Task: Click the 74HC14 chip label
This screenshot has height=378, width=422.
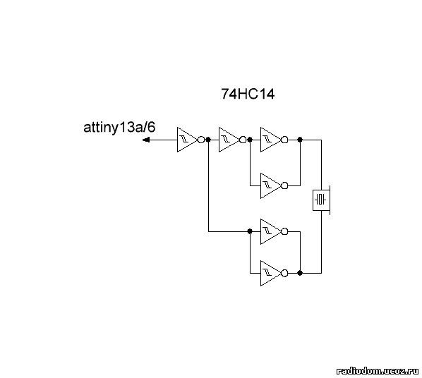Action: (x=248, y=94)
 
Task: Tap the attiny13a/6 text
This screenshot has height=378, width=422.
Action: (x=119, y=128)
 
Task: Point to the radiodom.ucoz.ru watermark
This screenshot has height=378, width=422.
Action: (x=377, y=371)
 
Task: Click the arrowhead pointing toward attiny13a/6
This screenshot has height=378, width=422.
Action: (x=146, y=140)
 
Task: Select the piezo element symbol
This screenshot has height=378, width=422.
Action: (x=321, y=200)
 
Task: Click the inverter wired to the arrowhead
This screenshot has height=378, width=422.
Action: (x=191, y=140)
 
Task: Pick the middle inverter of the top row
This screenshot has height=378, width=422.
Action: (x=232, y=140)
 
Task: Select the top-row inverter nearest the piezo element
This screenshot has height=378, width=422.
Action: (x=274, y=140)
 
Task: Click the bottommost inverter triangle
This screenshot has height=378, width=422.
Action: (x=274, y=274)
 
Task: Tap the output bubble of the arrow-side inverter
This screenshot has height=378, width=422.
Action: (x=201, y=140)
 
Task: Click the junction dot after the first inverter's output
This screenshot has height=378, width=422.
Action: (x=208, y=140)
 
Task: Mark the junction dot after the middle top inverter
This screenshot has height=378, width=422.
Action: (x=250, y=140)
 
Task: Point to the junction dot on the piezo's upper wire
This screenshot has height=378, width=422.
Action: (x=300, y=140)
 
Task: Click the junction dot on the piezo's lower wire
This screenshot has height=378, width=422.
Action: (x=300, y=274)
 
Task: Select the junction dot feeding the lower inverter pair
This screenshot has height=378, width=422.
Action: (x=250, y=231)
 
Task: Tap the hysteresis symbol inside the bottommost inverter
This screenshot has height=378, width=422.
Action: (x=267, y=274)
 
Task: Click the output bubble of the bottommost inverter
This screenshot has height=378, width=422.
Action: (x=284, y=274)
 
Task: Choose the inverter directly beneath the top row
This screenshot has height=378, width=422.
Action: (x=274, y=185)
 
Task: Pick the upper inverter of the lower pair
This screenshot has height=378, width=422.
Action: (x=274, y=231)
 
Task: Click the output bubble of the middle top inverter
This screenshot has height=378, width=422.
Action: (x=243, y=140)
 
